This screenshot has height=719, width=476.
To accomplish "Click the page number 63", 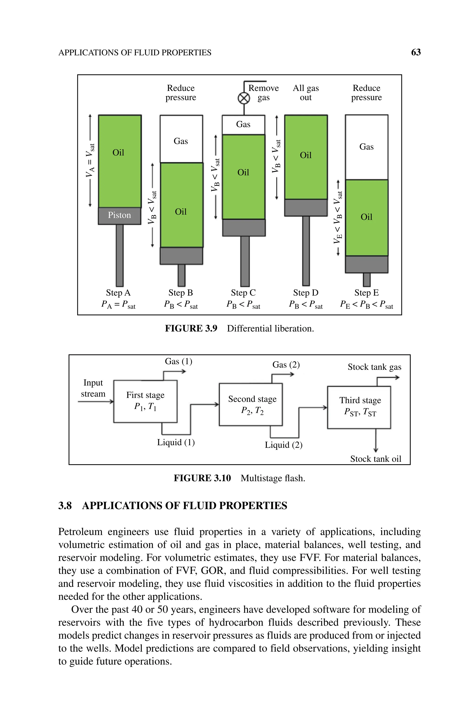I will (416, 52).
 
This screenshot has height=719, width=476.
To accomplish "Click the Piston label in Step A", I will (119, 215).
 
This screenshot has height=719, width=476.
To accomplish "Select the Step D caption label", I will (306, 293).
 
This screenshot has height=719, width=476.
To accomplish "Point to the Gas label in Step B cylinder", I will (181, 141).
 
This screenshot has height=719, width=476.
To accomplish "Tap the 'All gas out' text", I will (306, 93).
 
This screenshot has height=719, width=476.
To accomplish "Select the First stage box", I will (145, 401).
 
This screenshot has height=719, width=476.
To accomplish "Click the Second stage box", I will (251, 404).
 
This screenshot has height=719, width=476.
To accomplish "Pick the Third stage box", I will (359, 407).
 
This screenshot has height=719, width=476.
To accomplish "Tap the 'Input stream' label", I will (93, 388).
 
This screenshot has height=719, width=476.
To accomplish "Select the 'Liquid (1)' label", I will (176, 442).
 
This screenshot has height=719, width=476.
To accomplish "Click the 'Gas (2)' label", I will (286, 364).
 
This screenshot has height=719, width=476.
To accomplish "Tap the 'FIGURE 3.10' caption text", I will (202, 478).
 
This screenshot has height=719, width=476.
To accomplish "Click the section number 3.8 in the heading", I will (65, 506).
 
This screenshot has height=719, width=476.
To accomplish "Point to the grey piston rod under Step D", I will (306, 250).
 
